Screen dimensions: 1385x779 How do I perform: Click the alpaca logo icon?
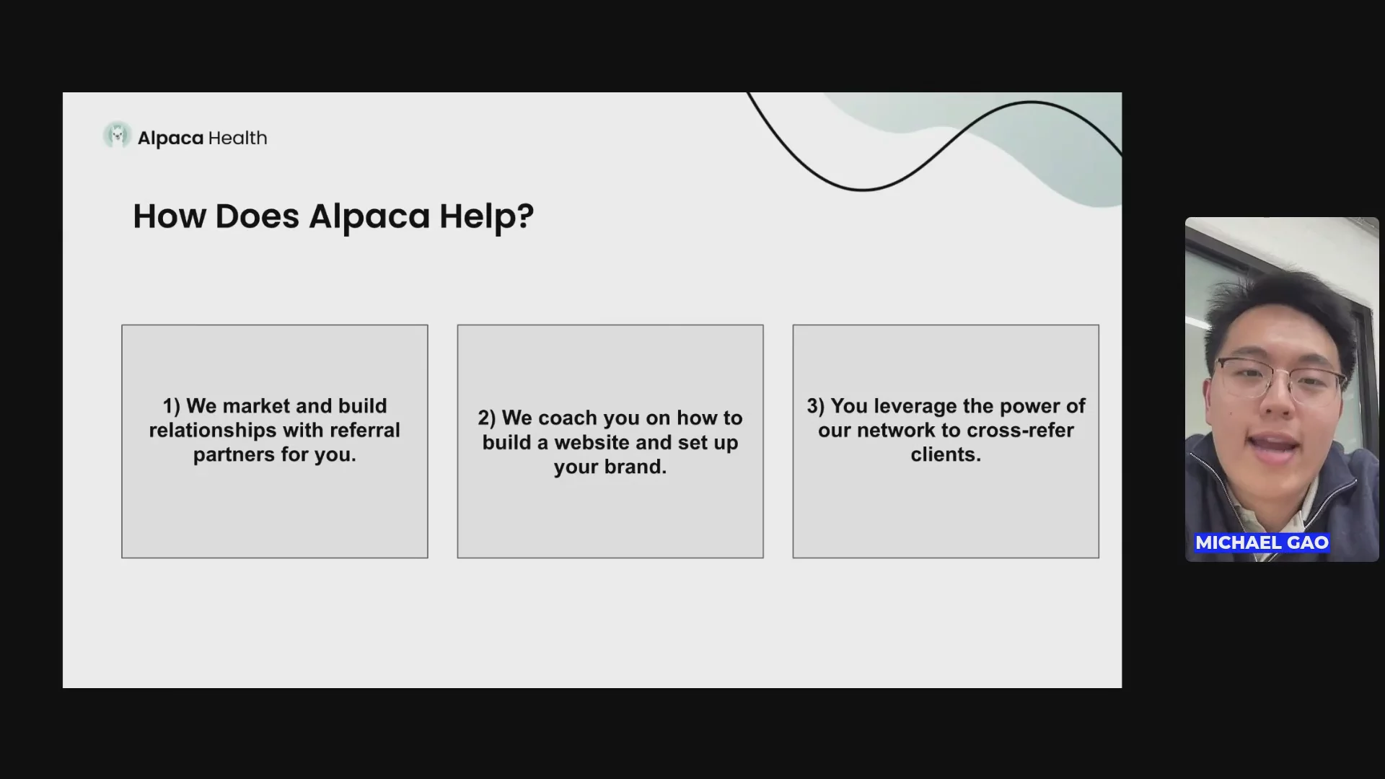pos(117,136)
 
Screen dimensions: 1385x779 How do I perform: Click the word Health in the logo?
pos(237,138)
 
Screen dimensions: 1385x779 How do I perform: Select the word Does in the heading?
pos(257,216)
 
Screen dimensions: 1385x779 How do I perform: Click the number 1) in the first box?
pos(172,406)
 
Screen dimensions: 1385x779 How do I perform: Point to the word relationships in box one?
pos(213,431)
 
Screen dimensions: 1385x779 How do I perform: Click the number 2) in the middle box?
pos(487,418)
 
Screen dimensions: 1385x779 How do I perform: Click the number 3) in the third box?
pos(816,406)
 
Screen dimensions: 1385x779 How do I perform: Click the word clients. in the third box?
pos(946,455)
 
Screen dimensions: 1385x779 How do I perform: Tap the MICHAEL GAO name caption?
pos(1262,542)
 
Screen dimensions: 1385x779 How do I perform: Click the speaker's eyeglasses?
pos(1280,379)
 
